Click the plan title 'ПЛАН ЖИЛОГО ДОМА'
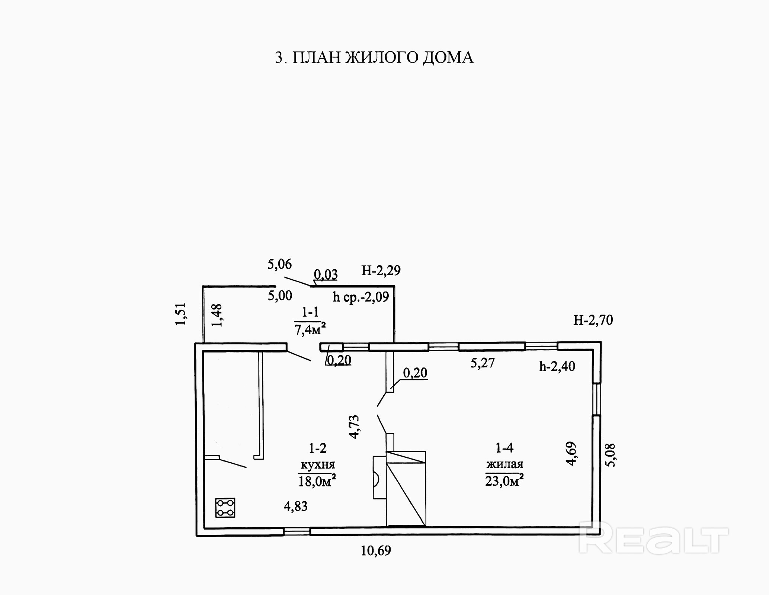click(383, 58)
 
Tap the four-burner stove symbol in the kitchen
click(225, 508)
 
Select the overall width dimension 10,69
click(376, 550)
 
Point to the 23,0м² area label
click(504, 481)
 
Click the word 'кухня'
click(318, 464)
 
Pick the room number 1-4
click(504, 448)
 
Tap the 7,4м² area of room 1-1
click(310, 329)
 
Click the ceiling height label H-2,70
click(593, 320)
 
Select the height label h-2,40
click(557, 367)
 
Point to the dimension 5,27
click(483, 363)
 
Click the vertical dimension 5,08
click(611, 455)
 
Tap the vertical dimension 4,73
click(355, 427)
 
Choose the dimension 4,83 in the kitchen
click(296, 506)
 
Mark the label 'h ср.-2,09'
click(361, 297)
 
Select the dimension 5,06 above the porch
click(279, 264)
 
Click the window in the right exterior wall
click(597, 399)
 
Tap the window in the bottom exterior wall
click(297, 532)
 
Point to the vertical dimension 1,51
click(180, 314)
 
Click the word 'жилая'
click(504, 464)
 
